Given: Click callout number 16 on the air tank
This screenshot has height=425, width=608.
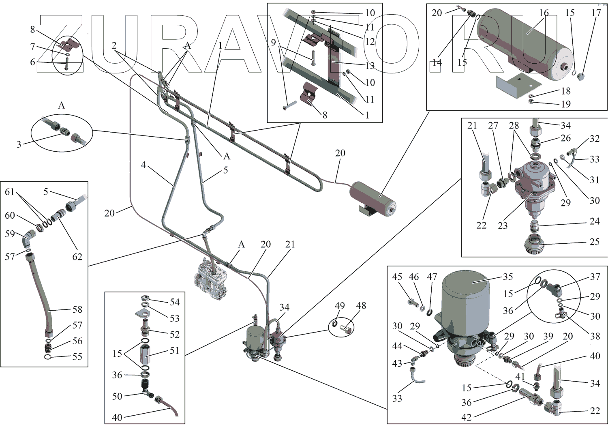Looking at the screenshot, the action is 544,13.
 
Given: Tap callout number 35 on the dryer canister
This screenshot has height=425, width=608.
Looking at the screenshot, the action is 508,277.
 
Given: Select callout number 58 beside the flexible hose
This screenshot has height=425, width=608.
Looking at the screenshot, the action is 77,309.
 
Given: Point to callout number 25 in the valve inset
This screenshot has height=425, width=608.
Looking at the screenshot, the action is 594,242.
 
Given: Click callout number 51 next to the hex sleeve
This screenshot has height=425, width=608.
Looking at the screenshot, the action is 174,350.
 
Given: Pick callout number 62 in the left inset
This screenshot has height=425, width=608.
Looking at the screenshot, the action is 77,257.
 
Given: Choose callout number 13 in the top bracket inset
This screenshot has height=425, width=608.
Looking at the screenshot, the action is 370,66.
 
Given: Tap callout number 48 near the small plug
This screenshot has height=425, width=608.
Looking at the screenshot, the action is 361,305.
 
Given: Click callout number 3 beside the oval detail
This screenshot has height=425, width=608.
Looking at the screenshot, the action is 19,144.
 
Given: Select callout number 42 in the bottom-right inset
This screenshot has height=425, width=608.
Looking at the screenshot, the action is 467,417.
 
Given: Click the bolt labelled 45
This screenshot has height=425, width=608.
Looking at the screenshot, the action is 411,302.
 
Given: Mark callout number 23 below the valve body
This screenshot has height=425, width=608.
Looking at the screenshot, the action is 503,225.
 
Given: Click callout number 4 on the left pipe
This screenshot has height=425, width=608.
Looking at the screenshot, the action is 143,165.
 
